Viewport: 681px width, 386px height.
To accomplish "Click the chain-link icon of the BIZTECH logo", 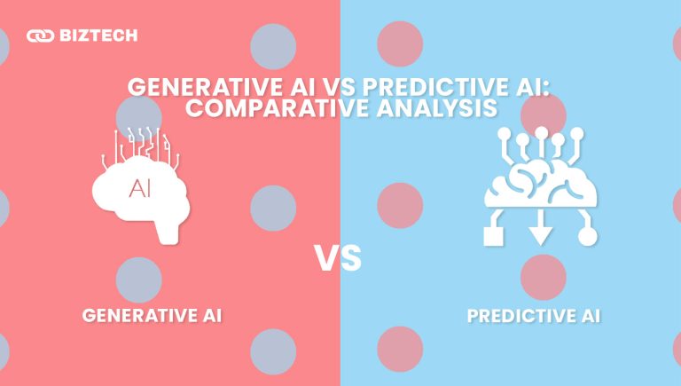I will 39,36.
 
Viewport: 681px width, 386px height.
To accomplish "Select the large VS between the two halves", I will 340,259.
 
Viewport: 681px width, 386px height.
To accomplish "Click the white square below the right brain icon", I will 490,236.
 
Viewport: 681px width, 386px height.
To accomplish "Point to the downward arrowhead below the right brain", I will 540,236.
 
